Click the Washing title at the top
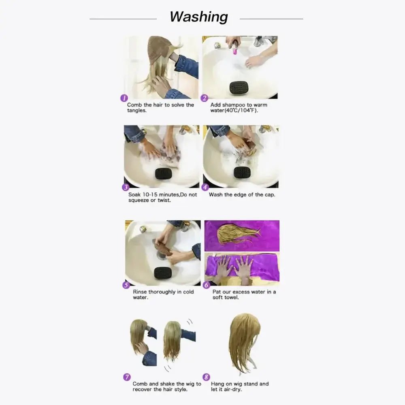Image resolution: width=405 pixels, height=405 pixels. point(198,17)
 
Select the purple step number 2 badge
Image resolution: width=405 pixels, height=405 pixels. point(205,98)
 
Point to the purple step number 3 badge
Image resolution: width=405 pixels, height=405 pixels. point(126,187)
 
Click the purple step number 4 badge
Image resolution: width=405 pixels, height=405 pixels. point(205,187)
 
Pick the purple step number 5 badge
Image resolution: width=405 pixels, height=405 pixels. point(126,285)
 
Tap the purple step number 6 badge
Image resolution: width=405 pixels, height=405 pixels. point(207,285)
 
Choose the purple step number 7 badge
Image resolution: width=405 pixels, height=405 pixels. point(127,377)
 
